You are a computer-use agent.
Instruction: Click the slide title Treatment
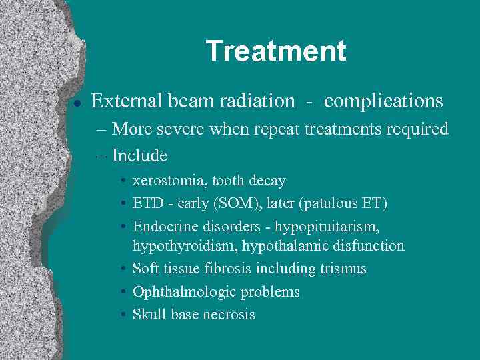276,51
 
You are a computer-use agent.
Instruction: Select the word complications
383,101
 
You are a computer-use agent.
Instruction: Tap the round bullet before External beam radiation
77,103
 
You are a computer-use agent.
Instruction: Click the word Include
139,155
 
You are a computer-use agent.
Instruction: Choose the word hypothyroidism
185,246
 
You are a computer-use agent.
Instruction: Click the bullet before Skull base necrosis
125,315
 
